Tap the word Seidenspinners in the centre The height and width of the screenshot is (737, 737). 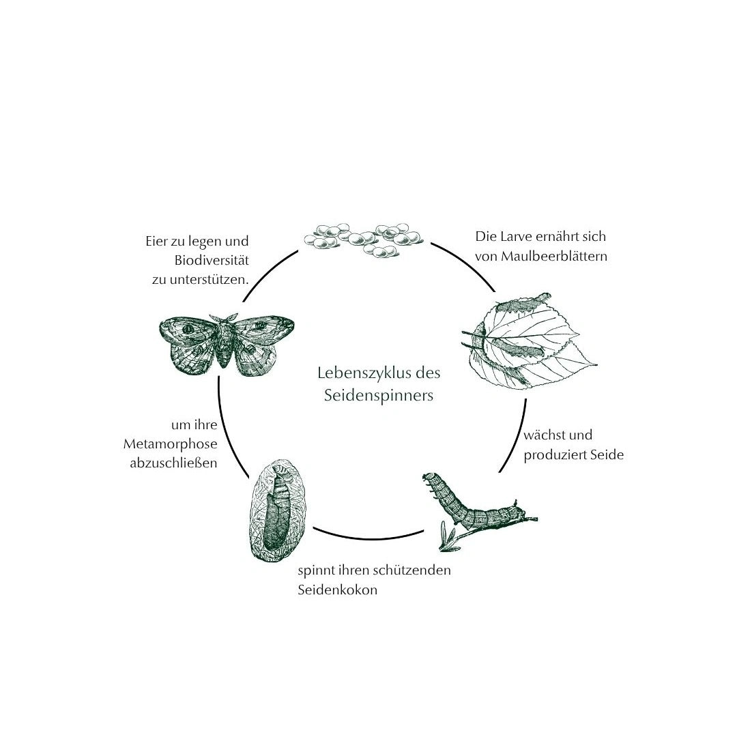[378, 395]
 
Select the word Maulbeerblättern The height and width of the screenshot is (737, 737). [554, 256]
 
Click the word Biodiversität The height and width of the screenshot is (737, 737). [212, 261]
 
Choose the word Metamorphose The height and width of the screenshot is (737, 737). [170, 444]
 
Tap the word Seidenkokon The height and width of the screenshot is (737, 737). [338, 590]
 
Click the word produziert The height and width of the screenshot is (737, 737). [551, 455]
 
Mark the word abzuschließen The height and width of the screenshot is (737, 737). [173, 463]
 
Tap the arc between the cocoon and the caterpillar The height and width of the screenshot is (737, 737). [369, 537]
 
